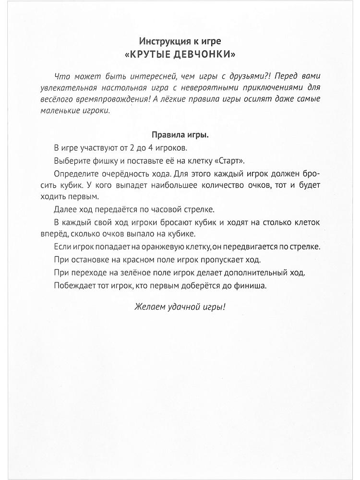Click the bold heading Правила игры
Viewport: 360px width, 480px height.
pos(180,134)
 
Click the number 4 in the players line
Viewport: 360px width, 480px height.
pos(150,147)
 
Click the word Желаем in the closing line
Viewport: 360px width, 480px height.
pos(148,307)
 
